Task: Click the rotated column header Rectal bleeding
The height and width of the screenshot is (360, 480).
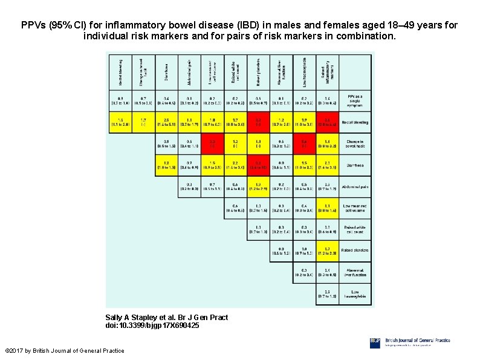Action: pyautogui.click(x=120, y=71)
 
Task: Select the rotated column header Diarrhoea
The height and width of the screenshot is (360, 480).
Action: pyautogui.click(x=166, y=71)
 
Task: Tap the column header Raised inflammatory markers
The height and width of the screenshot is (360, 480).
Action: pyautogui.click(x=327, y=71)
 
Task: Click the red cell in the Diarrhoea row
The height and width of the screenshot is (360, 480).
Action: pyautogui.click(x=258, y=165)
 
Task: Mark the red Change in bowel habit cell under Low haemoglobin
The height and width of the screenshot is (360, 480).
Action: pyautogui.click(x=304, y=143)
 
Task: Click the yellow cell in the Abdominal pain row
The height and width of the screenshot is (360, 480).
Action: pyautogui.click(x=258, y=188)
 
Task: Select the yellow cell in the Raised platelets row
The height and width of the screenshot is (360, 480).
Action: pyautogui.click(x=327, y=251)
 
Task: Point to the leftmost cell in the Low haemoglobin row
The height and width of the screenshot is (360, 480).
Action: pyautogui.click(x=327, y=295)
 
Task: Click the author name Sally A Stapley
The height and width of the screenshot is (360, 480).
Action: pyautogui.click(x=132, y=317)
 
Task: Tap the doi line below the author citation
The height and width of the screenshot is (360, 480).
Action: pyautogui.click(x=152, y=326)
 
